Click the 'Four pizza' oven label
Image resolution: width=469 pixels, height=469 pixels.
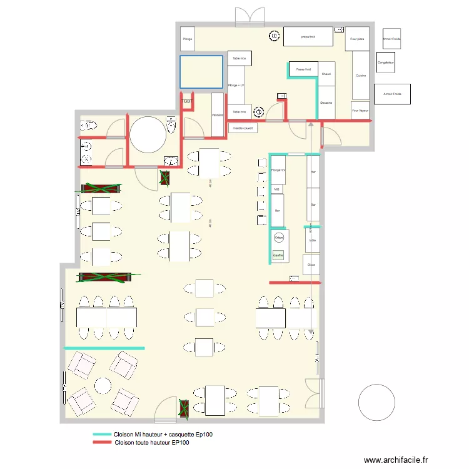coord(357,39)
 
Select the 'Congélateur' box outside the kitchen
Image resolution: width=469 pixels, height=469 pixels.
coord(386,63)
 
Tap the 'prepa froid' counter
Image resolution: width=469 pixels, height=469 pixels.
coord(308,37)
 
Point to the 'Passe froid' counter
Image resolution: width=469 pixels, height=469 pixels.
coord(304,69)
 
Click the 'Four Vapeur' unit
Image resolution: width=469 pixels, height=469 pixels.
coord(360,110)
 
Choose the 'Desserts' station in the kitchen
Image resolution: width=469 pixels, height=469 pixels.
coord(326,103)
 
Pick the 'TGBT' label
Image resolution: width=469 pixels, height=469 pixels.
coord(187,101)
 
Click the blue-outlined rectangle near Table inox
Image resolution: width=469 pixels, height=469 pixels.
coord(201,72)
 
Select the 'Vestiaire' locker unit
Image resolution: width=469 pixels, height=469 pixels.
coord(218,114)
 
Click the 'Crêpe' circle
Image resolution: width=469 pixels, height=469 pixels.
coord(279,237)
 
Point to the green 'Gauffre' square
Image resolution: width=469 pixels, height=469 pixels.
coord(279,255)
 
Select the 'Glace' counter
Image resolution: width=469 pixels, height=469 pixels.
coord(311,265)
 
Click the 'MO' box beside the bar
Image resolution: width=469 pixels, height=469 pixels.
coord(276,189)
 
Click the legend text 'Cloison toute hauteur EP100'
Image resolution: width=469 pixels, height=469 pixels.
coord(152,443)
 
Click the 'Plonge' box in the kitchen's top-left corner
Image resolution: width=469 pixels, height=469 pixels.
coord(188,39)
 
